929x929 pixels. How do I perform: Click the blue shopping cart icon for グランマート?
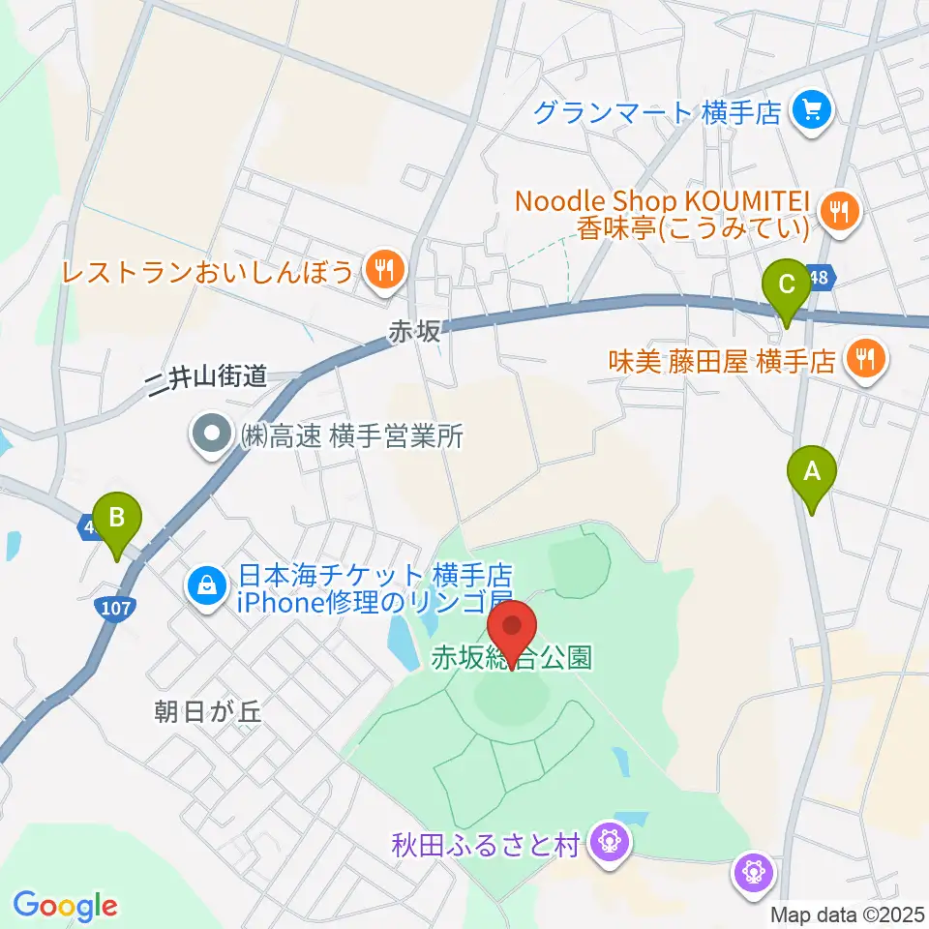point(810,113)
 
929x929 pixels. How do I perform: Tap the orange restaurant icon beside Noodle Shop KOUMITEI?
point(838,211)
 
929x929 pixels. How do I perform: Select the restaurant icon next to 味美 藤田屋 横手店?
point(863,361)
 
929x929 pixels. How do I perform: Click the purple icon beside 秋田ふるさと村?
point(610,844)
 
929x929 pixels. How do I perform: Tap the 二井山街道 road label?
point(205,377)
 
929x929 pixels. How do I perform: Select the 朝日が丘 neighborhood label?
point(208,713)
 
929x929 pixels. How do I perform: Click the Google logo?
point(65,905)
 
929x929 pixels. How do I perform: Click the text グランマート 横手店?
point(657,113)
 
